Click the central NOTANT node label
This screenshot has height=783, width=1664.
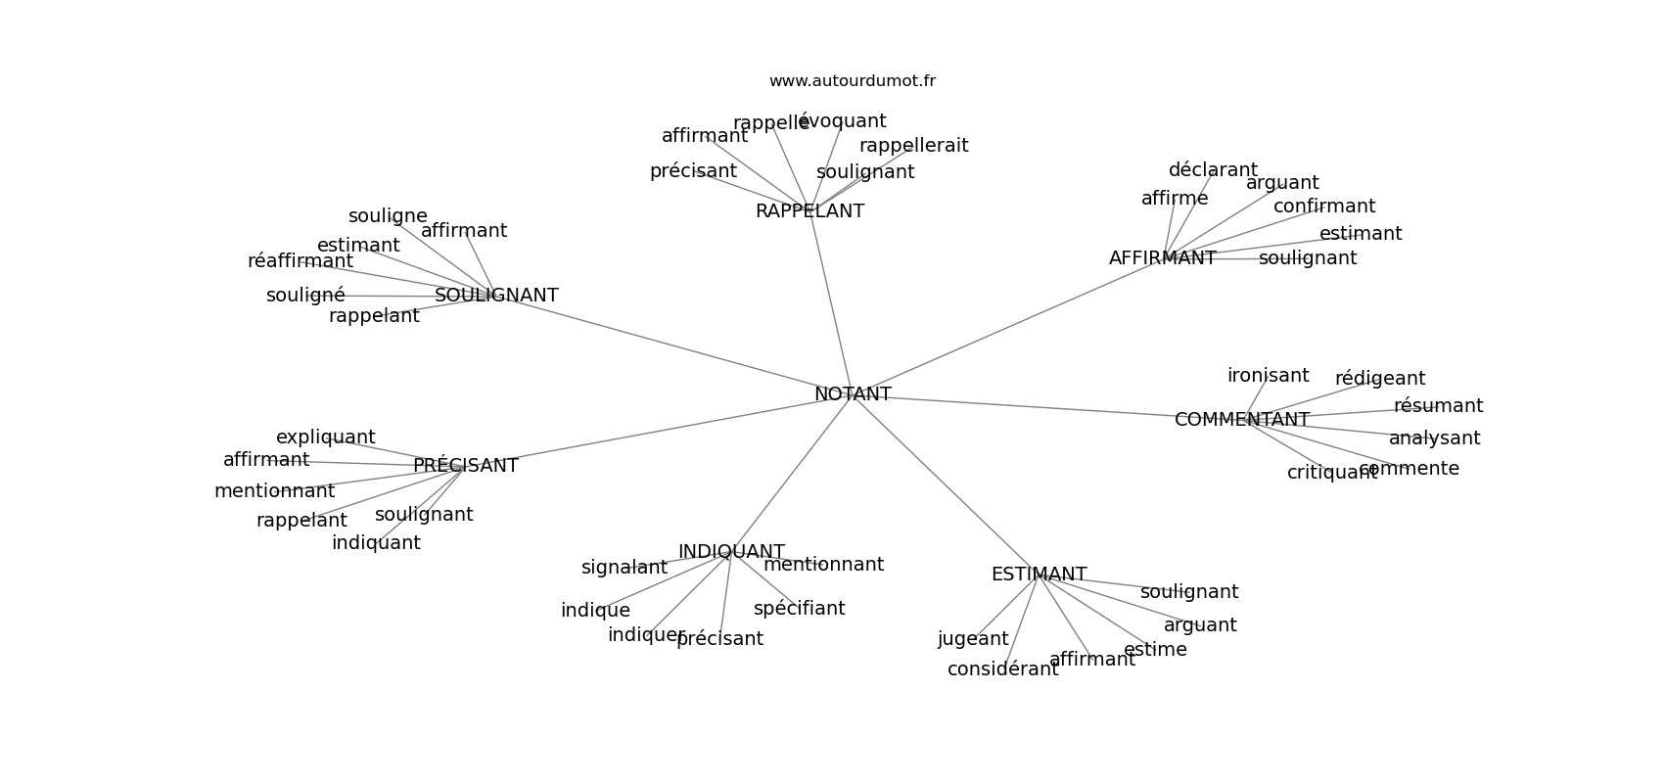click(853, 394)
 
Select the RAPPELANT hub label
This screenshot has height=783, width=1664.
click(809, 211)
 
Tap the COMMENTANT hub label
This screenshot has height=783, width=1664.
click(1241, 420)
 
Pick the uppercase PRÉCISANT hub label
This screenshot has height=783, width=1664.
click(465, 466)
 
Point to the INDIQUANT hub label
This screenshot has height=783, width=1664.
click(731, 552)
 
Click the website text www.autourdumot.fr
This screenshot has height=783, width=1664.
click(852, 81)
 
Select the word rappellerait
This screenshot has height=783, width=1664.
click(913, 146)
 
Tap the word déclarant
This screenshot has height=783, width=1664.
click(1213, 170)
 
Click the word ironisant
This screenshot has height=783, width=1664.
click(1268, 376)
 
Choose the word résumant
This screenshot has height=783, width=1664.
click(1438, 406)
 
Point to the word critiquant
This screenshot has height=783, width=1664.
click(1331, 473)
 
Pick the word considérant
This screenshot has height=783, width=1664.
click(1002, 669)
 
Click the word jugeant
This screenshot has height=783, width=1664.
click(973, 639)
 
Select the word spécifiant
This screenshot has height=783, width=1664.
click(799, 609)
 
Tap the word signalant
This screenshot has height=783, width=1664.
click(624, 568)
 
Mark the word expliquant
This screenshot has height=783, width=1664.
click(325, 438)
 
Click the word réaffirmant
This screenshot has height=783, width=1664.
click(300, 261)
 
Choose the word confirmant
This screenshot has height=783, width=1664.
click(1323, 207)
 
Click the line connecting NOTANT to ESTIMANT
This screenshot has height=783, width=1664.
click(945, 484)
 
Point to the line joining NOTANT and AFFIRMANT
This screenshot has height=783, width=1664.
click(1008, 327)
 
